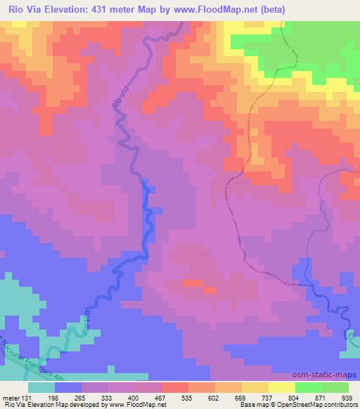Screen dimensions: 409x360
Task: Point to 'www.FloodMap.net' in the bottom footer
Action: click(x=131, y=405)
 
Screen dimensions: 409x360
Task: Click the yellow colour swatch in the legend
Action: click(x=281, y=387)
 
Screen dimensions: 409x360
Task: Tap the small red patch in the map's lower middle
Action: click(x=191, y=283)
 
